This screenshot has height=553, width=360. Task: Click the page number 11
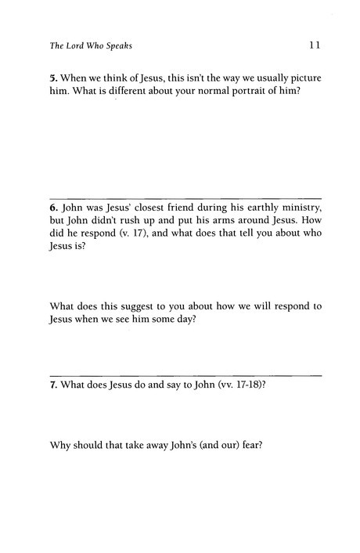coord(315,45)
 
